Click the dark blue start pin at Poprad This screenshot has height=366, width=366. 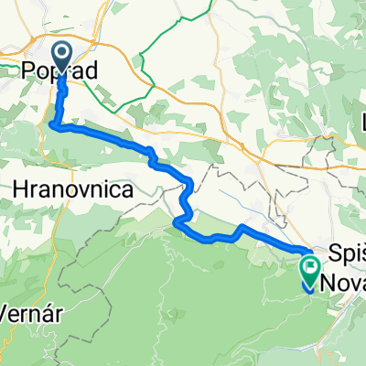tap(61, 57)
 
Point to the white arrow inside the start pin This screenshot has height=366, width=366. tap(61, 56)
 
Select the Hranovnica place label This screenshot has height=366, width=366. tap(75, 188)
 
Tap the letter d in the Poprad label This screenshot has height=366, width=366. tap(93, 70)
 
